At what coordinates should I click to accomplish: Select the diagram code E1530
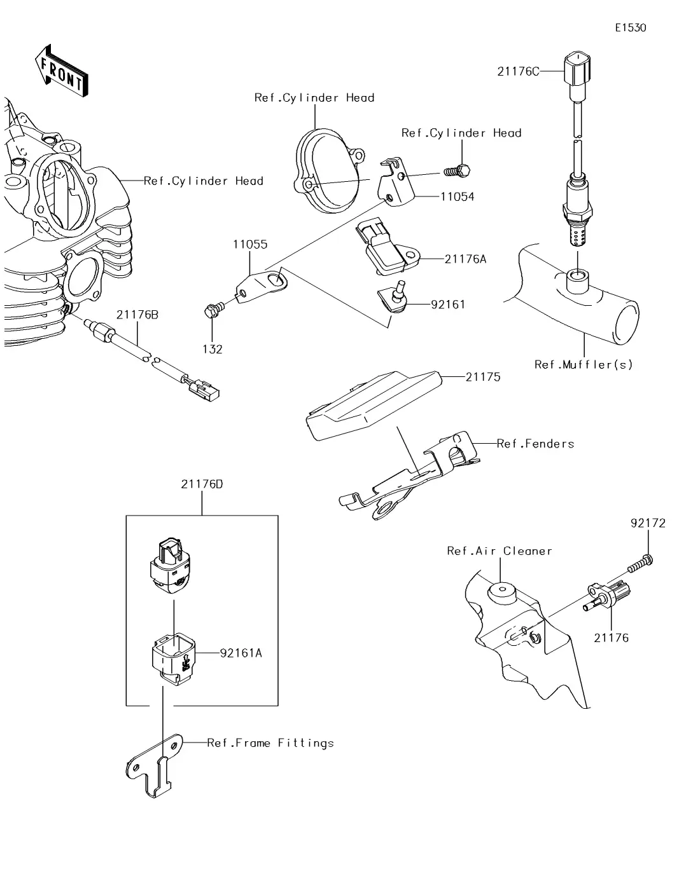pyautogui.click(x=630, y=28)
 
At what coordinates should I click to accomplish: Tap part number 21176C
pyautogui.click(x=518, y=72)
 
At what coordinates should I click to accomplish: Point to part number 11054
pyautogui.click(x=457, y=196)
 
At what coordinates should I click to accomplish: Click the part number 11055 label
pyautogui.click(x=250, y=244)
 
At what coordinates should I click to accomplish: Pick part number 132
pyautogui.click(x=213, y=349)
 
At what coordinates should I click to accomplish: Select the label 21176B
pyautogui.click(x=137, y=315)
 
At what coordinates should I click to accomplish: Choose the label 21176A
pyautogui.click(x=465, y=259)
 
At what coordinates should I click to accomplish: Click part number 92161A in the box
pyautogui.click(x=241, y=653)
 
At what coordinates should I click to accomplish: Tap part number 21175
pyautogui.click(x=483, y=377)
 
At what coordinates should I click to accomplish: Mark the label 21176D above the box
pyautogui.click(x=202, y=484)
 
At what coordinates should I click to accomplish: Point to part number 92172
pyautogui.click(x=648, y=523)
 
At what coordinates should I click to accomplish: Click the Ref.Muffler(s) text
pyautogui.click(x=584, y=365)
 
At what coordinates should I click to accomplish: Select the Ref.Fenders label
pyautogui.click(x=535, y=444)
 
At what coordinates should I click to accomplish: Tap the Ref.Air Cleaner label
pyautogui.click(x=500, y=551)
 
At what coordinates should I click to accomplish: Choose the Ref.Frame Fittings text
pyautogui.click(x=270, y=743)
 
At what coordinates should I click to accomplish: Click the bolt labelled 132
pyautogui.click(x=212, y=310)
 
